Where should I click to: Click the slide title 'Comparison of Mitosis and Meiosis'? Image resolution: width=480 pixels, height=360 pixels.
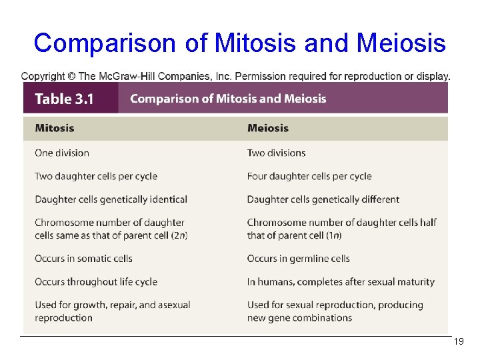(239, 43)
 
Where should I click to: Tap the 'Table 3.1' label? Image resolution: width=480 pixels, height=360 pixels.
(64, 99)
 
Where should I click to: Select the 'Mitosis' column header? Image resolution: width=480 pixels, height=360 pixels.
(55, 128)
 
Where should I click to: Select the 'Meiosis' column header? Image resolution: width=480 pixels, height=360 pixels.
(268, 128)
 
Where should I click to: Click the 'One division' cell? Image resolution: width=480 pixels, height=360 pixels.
(62, 153)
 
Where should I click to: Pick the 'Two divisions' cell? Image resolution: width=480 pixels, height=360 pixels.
(276, 153)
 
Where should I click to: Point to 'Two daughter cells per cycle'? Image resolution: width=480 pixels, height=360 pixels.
(96, 176)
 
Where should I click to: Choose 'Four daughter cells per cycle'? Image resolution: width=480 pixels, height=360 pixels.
(309, 176)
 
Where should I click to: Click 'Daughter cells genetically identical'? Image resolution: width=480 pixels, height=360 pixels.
(111, 199)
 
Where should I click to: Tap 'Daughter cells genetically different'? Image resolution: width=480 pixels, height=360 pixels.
(323, 199)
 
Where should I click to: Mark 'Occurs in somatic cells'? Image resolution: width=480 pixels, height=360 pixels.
(83, 259)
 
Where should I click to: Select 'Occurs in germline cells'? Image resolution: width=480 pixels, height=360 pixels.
(298, 259)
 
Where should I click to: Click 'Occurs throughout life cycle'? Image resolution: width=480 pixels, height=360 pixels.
(96, 282)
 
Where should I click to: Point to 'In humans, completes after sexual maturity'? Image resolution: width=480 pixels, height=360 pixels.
(341, 282)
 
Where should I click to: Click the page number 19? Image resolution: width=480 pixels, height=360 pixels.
(458, 341)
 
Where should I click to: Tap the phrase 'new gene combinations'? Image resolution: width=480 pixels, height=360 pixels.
(299, 317)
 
